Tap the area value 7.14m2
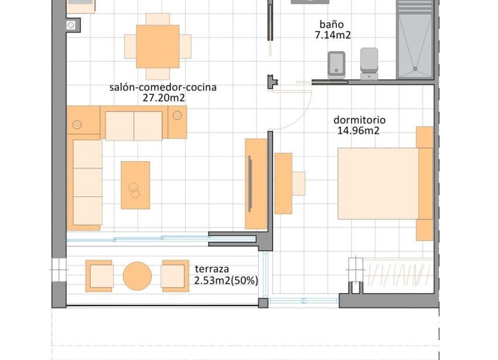coord(333,35)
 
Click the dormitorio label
coord(359,120)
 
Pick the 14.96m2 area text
coord(358,131)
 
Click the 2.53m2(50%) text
coord(226,280)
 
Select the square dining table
coord(157,46)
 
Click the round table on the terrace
coord(138,276)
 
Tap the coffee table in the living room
coord(135,185)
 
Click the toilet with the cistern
coord(370,63)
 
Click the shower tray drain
coord(416,69)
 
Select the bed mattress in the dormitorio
coord(378,183)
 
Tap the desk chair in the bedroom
coord(298,183)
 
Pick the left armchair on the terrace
coord(99,276)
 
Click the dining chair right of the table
coord(185,46)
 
